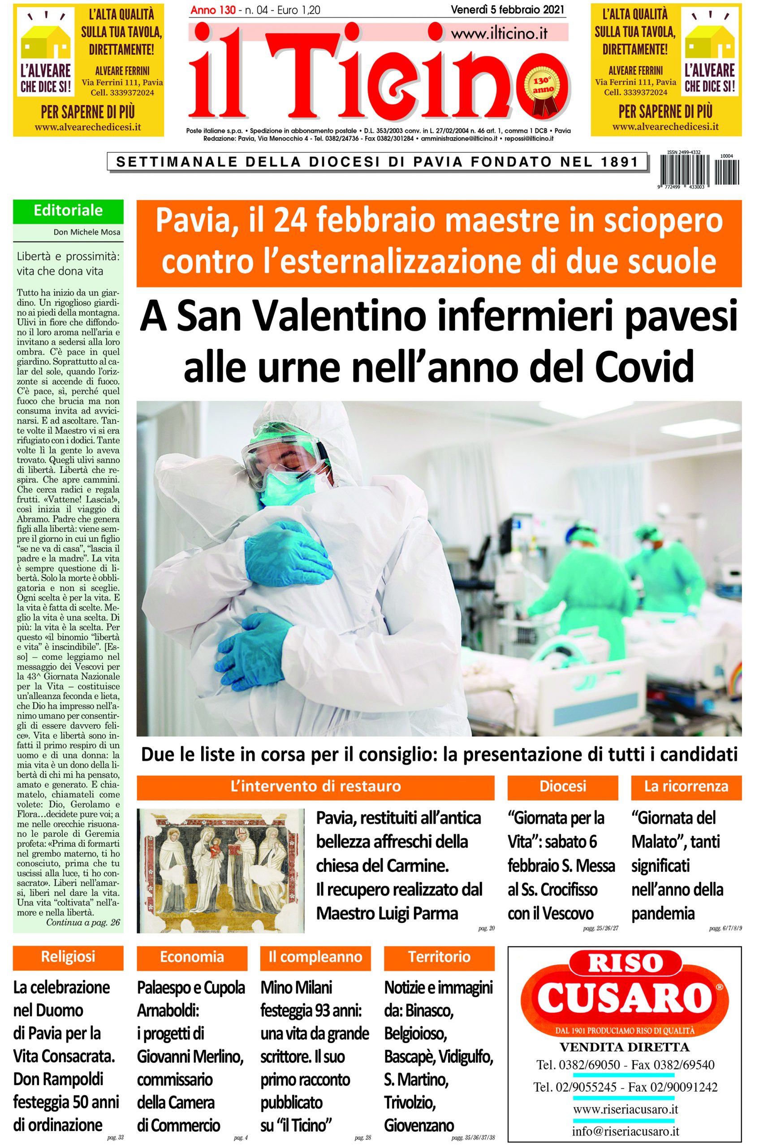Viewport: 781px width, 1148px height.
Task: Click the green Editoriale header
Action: [68, 211]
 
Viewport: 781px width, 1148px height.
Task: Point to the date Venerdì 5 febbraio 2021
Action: [508, 9]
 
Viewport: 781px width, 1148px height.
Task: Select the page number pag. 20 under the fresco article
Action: [486, 929]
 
